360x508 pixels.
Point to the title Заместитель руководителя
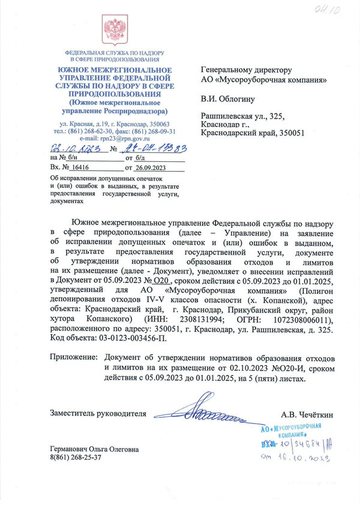pos(98,413)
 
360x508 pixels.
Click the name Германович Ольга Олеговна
pos(94,449)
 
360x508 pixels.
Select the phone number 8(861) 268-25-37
pos(76,457)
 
